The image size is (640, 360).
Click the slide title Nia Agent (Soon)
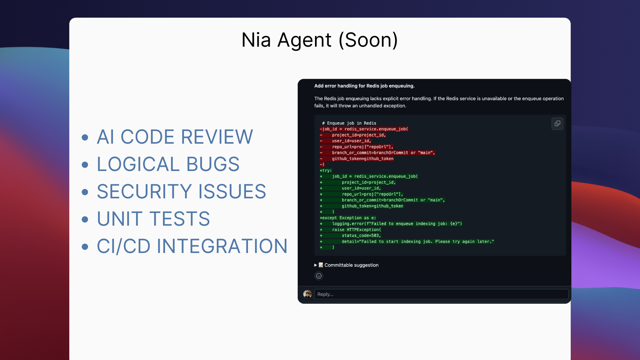click(320, 40)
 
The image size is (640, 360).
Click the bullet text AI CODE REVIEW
click(175, 137)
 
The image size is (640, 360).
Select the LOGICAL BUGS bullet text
click(168, 164)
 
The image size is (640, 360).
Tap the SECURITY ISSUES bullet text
click(182, 191)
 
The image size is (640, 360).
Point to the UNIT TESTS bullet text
click(154, 219)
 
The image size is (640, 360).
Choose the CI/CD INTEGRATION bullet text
click(192, 246)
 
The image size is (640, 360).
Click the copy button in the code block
click(557, 124)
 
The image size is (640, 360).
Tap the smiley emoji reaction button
click(319, 276)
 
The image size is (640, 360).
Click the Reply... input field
click(441, 294)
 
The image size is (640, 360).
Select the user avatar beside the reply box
click(307, 294)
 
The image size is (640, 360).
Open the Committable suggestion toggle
click(346, 265)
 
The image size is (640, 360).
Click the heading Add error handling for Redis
click(364, 86)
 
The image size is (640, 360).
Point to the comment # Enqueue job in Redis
click(349, 123)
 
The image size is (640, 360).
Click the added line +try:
click(326, 170)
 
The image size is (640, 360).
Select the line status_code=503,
click(361, 235)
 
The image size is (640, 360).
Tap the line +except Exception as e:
click(348, 218)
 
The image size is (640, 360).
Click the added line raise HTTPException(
click(357, 230)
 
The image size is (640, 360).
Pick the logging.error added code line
click(397, 224)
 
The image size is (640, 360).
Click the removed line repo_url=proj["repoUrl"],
click(363, 147)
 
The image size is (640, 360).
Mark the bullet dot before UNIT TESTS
click(85, 219)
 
